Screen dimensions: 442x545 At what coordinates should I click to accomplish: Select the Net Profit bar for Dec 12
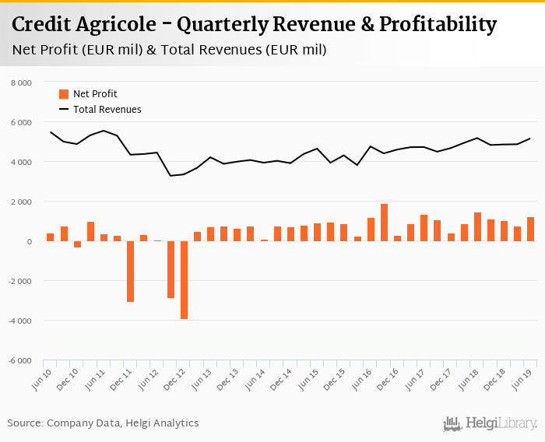(184, 279)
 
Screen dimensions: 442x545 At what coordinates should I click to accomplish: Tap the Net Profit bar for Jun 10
(51, 237)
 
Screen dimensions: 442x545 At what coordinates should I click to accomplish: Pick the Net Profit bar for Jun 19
(530, 229)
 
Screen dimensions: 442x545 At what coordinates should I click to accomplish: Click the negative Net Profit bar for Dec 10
(77, 244)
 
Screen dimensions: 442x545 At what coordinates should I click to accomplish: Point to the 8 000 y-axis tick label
(21, 82)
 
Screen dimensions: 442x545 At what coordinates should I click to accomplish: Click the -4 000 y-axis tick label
(19, 321)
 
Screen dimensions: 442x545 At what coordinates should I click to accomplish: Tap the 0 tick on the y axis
(29, 241)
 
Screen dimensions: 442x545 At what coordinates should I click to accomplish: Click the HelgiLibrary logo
(490, 424)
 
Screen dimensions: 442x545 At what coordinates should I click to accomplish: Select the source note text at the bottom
(103, 423)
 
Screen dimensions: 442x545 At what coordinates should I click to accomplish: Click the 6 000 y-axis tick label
(21, 122)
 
